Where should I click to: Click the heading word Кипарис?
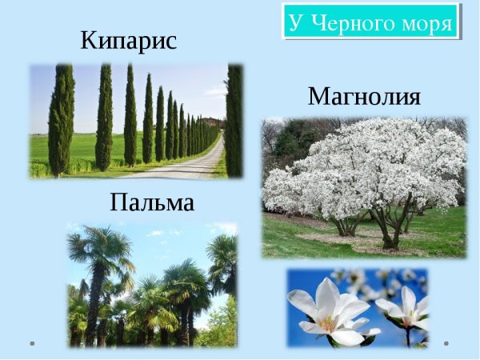(x=129, y=41)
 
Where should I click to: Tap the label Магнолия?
(x=364, y=96)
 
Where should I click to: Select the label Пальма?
(x=152, y=202)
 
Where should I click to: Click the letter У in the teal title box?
(x=298, y=22)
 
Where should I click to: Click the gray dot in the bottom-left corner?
(x=32, y=343)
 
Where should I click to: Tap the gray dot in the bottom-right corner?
(x=446, y=343)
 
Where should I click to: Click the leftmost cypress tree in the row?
(x=62, y=120)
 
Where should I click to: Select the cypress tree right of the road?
(x=234, y=120)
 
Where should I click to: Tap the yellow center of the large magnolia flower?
(x=328, y=325)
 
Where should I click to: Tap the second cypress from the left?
(x=104, y=118)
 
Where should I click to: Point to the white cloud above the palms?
(x=159, y=234)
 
